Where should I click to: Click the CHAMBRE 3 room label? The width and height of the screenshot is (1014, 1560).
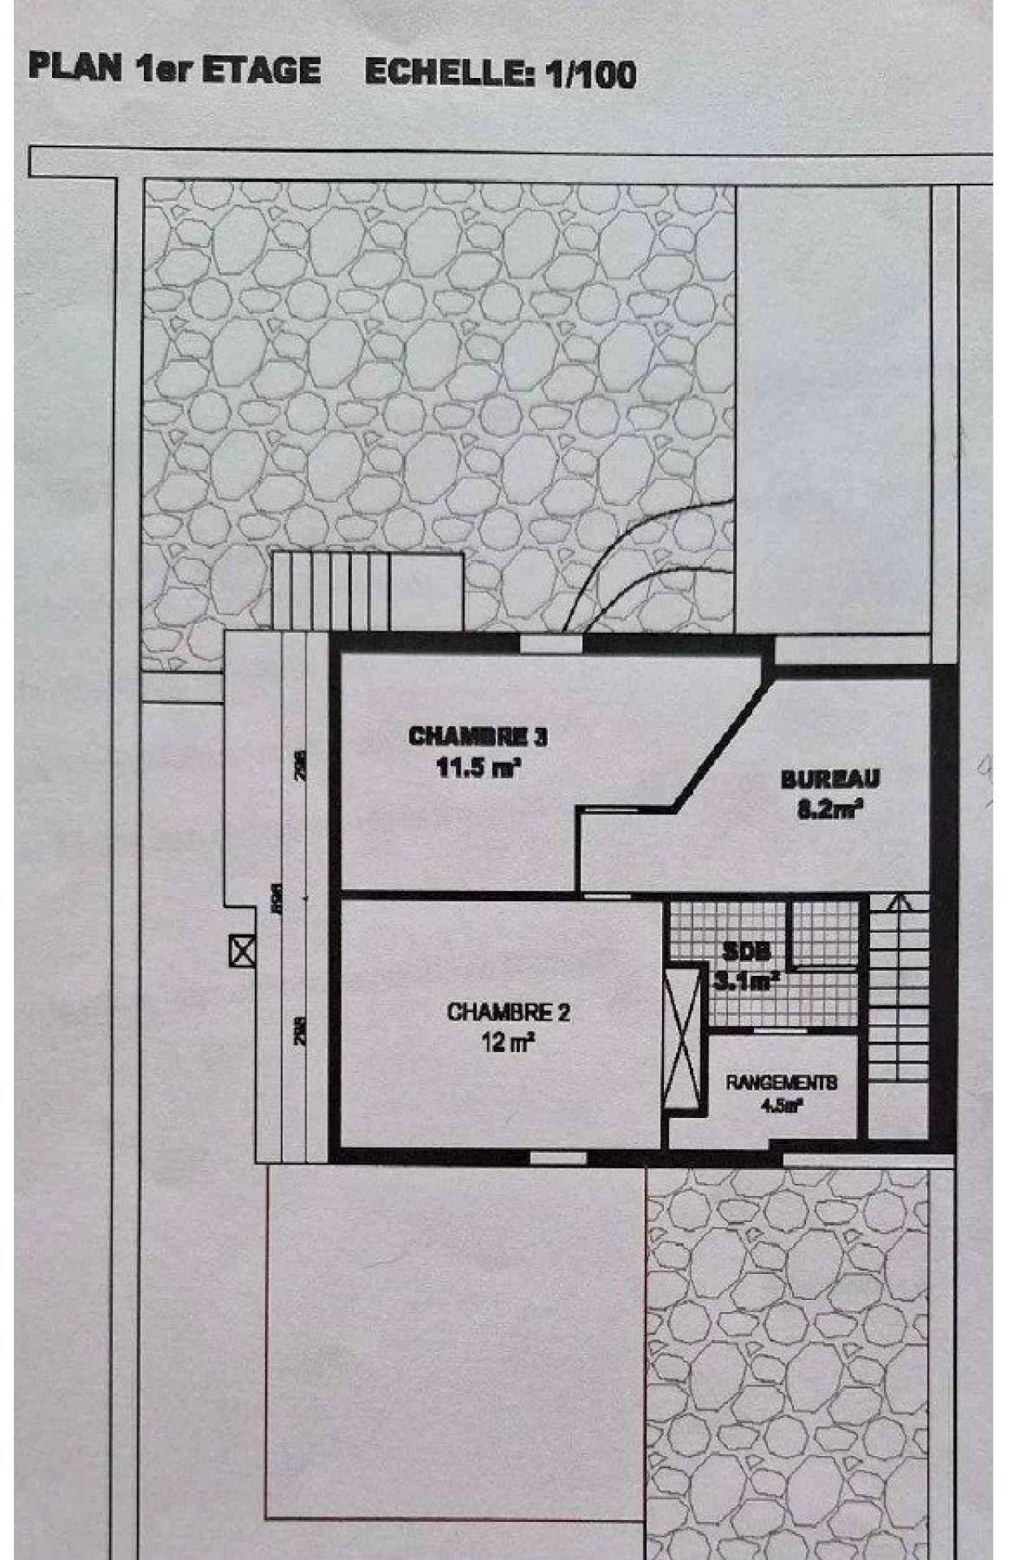(477, 737)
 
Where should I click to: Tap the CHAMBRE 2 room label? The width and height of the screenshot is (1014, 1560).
(508, 1012)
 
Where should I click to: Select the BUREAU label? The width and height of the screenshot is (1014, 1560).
(830, 779)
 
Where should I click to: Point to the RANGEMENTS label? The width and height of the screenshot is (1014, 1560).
(781, 1083)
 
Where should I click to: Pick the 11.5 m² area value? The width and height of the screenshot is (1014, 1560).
(479, 768)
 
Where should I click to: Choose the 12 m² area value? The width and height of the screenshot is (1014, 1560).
(508, 1042)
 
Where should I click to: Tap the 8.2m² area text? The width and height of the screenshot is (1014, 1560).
(830, 809)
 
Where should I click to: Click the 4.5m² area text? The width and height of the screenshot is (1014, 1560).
(781, 1105)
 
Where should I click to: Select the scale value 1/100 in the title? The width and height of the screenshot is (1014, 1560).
(591, 75)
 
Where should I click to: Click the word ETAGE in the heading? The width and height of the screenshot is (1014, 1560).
(260, 71)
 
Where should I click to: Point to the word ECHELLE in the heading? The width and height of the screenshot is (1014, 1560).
(448, 74)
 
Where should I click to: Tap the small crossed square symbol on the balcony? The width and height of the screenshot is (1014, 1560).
(241, 951)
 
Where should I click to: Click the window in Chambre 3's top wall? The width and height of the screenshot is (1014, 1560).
(551, 644)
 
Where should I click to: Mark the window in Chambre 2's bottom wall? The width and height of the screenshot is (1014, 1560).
(557, 1157)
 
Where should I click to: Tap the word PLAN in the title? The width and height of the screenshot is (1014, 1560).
(75, 67)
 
